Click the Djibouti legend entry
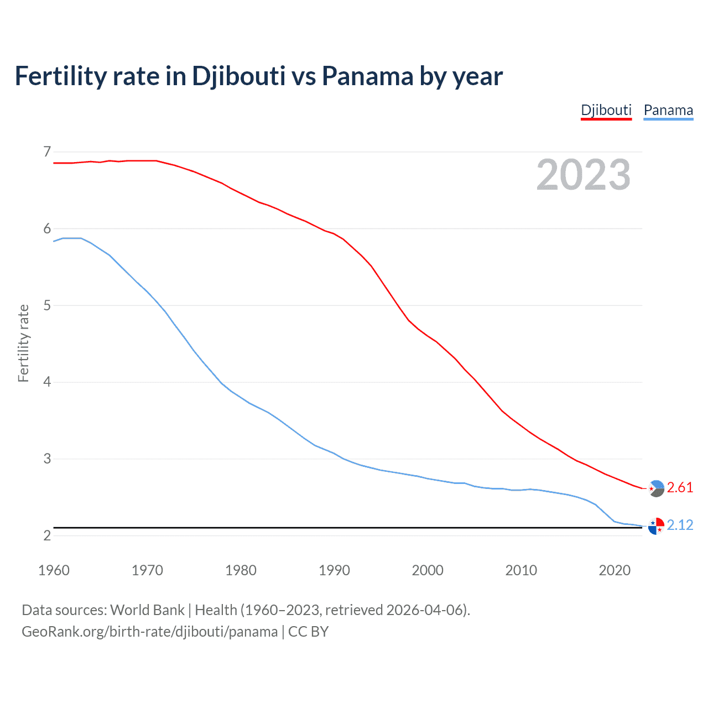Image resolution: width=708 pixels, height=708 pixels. [x=606, y=110]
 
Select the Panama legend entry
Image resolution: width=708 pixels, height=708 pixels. [x=668, y=110]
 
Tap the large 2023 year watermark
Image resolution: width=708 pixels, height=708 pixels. [x=583, y=175]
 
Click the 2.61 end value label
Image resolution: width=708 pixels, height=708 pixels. [x=680, y=487]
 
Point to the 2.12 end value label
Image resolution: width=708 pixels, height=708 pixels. [x=680, y=525]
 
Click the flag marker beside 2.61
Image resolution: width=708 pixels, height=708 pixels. [x=656, y=488]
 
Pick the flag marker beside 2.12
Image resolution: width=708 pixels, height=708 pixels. [x=656, y=526]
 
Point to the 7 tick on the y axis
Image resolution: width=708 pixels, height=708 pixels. [x=47, y=152]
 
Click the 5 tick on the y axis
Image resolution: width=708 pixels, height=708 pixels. [x=47, y=305]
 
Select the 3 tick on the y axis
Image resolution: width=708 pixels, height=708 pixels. [x=47, y=459]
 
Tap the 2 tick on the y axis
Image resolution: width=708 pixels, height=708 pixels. [x=47, y=535]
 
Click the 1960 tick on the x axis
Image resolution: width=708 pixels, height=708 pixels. [x=54, y=570]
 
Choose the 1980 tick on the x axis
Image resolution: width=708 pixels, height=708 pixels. [x=241, y=570]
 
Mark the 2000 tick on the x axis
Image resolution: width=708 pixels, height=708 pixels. [x=428, y=570]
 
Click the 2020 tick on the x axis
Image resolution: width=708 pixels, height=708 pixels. [x=615, y=570]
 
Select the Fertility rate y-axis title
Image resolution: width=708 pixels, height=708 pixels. [x=23, y=343]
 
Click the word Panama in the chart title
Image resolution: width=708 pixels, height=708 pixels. [x=367, y=76]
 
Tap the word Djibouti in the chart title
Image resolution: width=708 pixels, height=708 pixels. [x=238, y=76]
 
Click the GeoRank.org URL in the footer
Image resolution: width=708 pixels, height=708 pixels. [x=149, y=632]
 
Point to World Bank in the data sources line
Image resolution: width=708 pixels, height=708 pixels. [x=147, y=610]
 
